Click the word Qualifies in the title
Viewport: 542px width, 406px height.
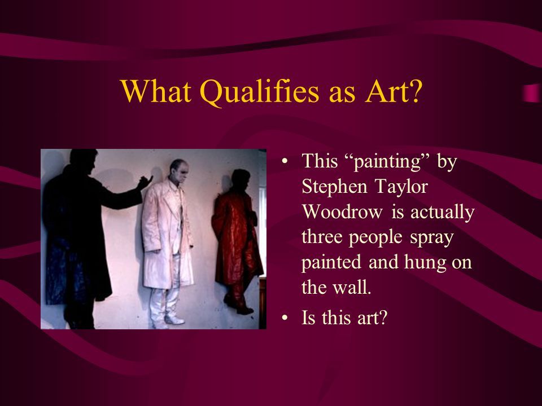point(260,92)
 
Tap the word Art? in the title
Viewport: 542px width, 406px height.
point(393,91)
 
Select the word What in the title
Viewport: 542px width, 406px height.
point(156,91)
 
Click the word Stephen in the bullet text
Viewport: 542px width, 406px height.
point(334,187)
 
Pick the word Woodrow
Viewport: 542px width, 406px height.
point(343,211)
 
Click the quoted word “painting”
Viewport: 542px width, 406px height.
point(387,162)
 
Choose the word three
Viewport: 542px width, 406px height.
point(322,237)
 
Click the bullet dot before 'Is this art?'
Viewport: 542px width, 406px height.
point(285,317)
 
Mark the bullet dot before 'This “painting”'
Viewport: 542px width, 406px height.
point(285,161)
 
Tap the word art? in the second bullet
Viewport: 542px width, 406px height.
point(371,317)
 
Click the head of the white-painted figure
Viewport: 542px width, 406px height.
point(179,171)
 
